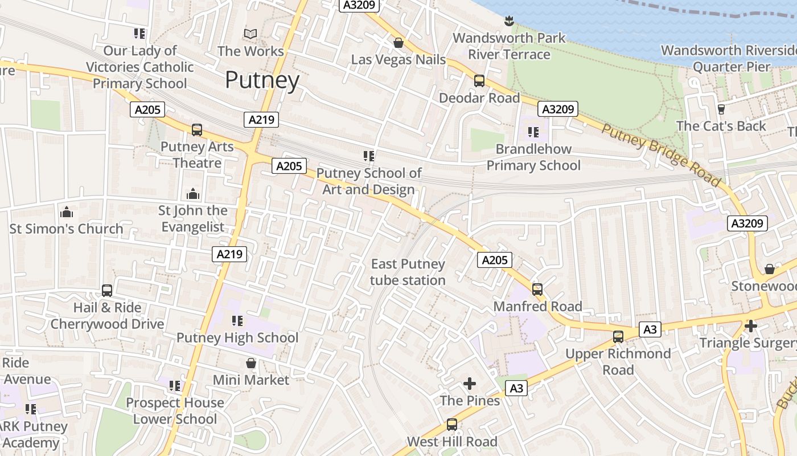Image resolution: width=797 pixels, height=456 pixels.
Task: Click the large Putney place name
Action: click(262, 80)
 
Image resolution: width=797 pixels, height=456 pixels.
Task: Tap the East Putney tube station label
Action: click(408, 272)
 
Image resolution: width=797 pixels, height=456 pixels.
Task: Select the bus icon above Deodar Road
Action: click(479, 81)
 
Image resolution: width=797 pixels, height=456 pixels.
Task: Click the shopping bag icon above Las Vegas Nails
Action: click(398, 43)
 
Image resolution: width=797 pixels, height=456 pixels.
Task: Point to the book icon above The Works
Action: click(250, 34)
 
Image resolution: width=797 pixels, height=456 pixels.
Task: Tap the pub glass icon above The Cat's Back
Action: click(721, 109)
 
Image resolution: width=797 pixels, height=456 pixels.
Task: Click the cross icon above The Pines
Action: click(470, 384)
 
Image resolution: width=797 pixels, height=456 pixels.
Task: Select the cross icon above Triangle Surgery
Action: click(751, 326)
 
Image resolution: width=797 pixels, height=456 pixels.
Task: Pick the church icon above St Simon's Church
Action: click(67, 212)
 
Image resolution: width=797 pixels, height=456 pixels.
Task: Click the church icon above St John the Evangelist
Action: click(193, 194)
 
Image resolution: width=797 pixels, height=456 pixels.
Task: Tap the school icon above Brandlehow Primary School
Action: click(533, 132)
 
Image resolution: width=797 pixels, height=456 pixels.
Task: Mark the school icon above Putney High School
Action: click(237, 321)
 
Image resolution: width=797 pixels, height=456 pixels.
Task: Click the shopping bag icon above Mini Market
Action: click(251, 363)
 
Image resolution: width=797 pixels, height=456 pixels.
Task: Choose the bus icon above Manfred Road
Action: click(537, 290)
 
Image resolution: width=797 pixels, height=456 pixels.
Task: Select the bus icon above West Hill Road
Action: click(452, 425)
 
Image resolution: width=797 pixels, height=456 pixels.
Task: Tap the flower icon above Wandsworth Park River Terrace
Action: click(509, 22)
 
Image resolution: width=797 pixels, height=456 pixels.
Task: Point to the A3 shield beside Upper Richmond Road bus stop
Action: click(650, 329)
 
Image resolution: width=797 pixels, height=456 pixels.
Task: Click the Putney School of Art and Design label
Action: click(369, 181)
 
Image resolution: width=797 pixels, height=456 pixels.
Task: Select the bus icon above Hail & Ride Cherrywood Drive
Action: click(107, 291)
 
